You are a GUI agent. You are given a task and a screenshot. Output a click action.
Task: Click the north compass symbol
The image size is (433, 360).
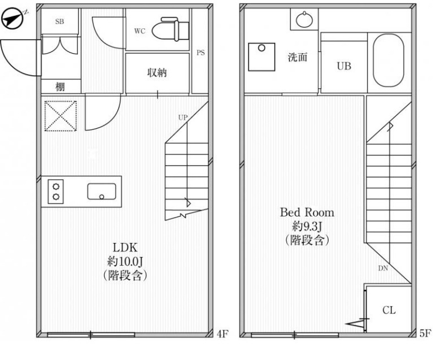[12, 19]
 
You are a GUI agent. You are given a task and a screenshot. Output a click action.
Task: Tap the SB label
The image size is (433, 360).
[59, 21]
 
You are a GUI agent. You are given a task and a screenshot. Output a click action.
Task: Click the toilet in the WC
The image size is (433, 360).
[170, 29]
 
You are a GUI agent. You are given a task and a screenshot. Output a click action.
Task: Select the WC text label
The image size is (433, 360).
[140, 31]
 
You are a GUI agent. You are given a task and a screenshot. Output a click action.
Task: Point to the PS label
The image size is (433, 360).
[201, 53]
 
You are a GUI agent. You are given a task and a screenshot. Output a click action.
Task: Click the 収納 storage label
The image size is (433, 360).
[157, 72]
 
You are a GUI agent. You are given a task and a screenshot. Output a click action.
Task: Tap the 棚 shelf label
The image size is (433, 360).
[60, 86]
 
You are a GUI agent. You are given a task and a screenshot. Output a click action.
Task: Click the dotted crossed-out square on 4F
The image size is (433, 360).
[60, 116]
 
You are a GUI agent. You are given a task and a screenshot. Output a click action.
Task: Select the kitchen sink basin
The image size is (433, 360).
[102, 192]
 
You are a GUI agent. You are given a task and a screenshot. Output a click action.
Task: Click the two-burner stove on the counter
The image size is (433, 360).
[55, 192]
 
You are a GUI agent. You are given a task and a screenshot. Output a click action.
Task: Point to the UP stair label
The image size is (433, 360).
[182, 118]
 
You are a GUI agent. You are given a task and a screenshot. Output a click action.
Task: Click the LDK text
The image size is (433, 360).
[125, 248]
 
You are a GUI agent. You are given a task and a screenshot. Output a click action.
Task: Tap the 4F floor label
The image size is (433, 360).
[222, 334]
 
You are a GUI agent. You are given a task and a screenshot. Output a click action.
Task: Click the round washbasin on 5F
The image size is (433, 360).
[304, 20]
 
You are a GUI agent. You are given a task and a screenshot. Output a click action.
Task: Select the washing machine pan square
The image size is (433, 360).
[261, 57]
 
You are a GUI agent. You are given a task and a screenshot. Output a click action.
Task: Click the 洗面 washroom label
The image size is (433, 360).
[298, 57]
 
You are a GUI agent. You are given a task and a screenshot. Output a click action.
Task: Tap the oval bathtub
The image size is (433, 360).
[388, 60]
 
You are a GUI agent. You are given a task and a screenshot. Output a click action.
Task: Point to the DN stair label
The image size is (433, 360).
[383, 268]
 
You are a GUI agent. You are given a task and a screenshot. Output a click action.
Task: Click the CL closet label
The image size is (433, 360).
[389, 310]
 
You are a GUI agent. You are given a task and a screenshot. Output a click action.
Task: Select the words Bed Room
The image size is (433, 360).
[307, 212]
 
